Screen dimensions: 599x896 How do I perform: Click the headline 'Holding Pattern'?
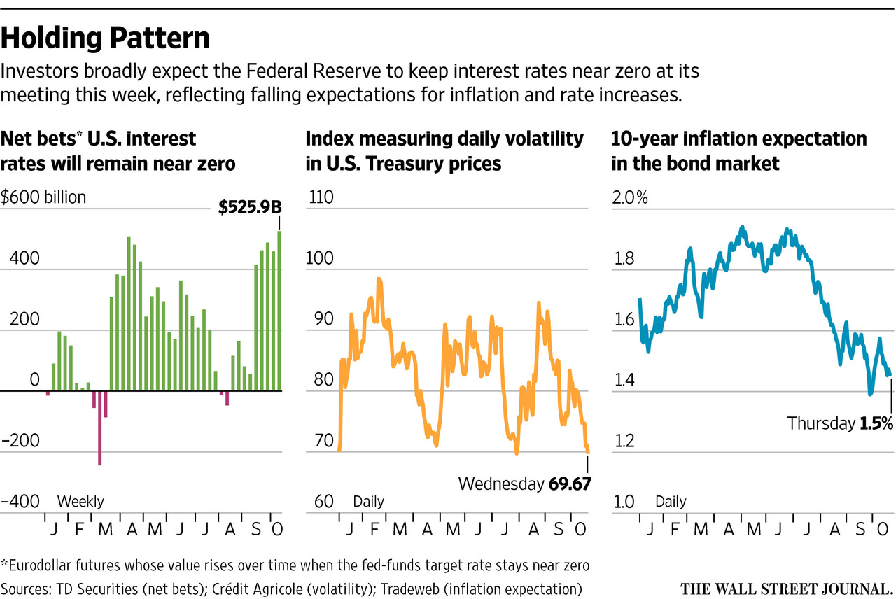click(105, 38)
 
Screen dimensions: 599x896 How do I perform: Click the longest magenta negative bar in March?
click(100, 428)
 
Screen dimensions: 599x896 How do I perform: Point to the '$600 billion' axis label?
click(43, 197)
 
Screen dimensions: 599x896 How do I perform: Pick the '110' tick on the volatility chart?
click(321, 197)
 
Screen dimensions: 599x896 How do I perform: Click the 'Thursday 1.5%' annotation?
click(840, 423)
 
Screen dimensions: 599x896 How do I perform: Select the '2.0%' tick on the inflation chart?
click(630, 197)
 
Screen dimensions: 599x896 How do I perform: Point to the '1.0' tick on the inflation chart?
click(624, 502)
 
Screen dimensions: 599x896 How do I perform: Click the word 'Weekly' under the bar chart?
click(80, 502)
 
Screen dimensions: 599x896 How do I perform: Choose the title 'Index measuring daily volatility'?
click(444, 139)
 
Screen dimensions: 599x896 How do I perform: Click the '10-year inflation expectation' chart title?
click(739, 139)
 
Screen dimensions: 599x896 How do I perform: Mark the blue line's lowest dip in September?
click(870, 394)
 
